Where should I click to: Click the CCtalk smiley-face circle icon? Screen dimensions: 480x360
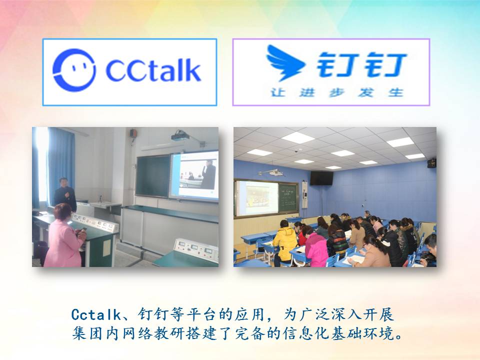[x=74, y=70]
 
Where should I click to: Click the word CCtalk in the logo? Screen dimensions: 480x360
[x=153, y=70]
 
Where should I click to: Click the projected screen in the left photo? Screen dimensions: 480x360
[x=194, y=176]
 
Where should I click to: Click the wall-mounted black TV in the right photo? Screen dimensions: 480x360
[x=321, y=178]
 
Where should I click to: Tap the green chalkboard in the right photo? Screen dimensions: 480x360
[x=288, y=198]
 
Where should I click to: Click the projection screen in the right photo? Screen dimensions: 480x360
[x=257, y=198]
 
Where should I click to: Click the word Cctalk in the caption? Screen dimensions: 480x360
[x=96, y=314]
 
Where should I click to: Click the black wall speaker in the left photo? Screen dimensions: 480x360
[x=133, y=133]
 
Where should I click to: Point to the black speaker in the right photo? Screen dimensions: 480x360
[x=431, y=163]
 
